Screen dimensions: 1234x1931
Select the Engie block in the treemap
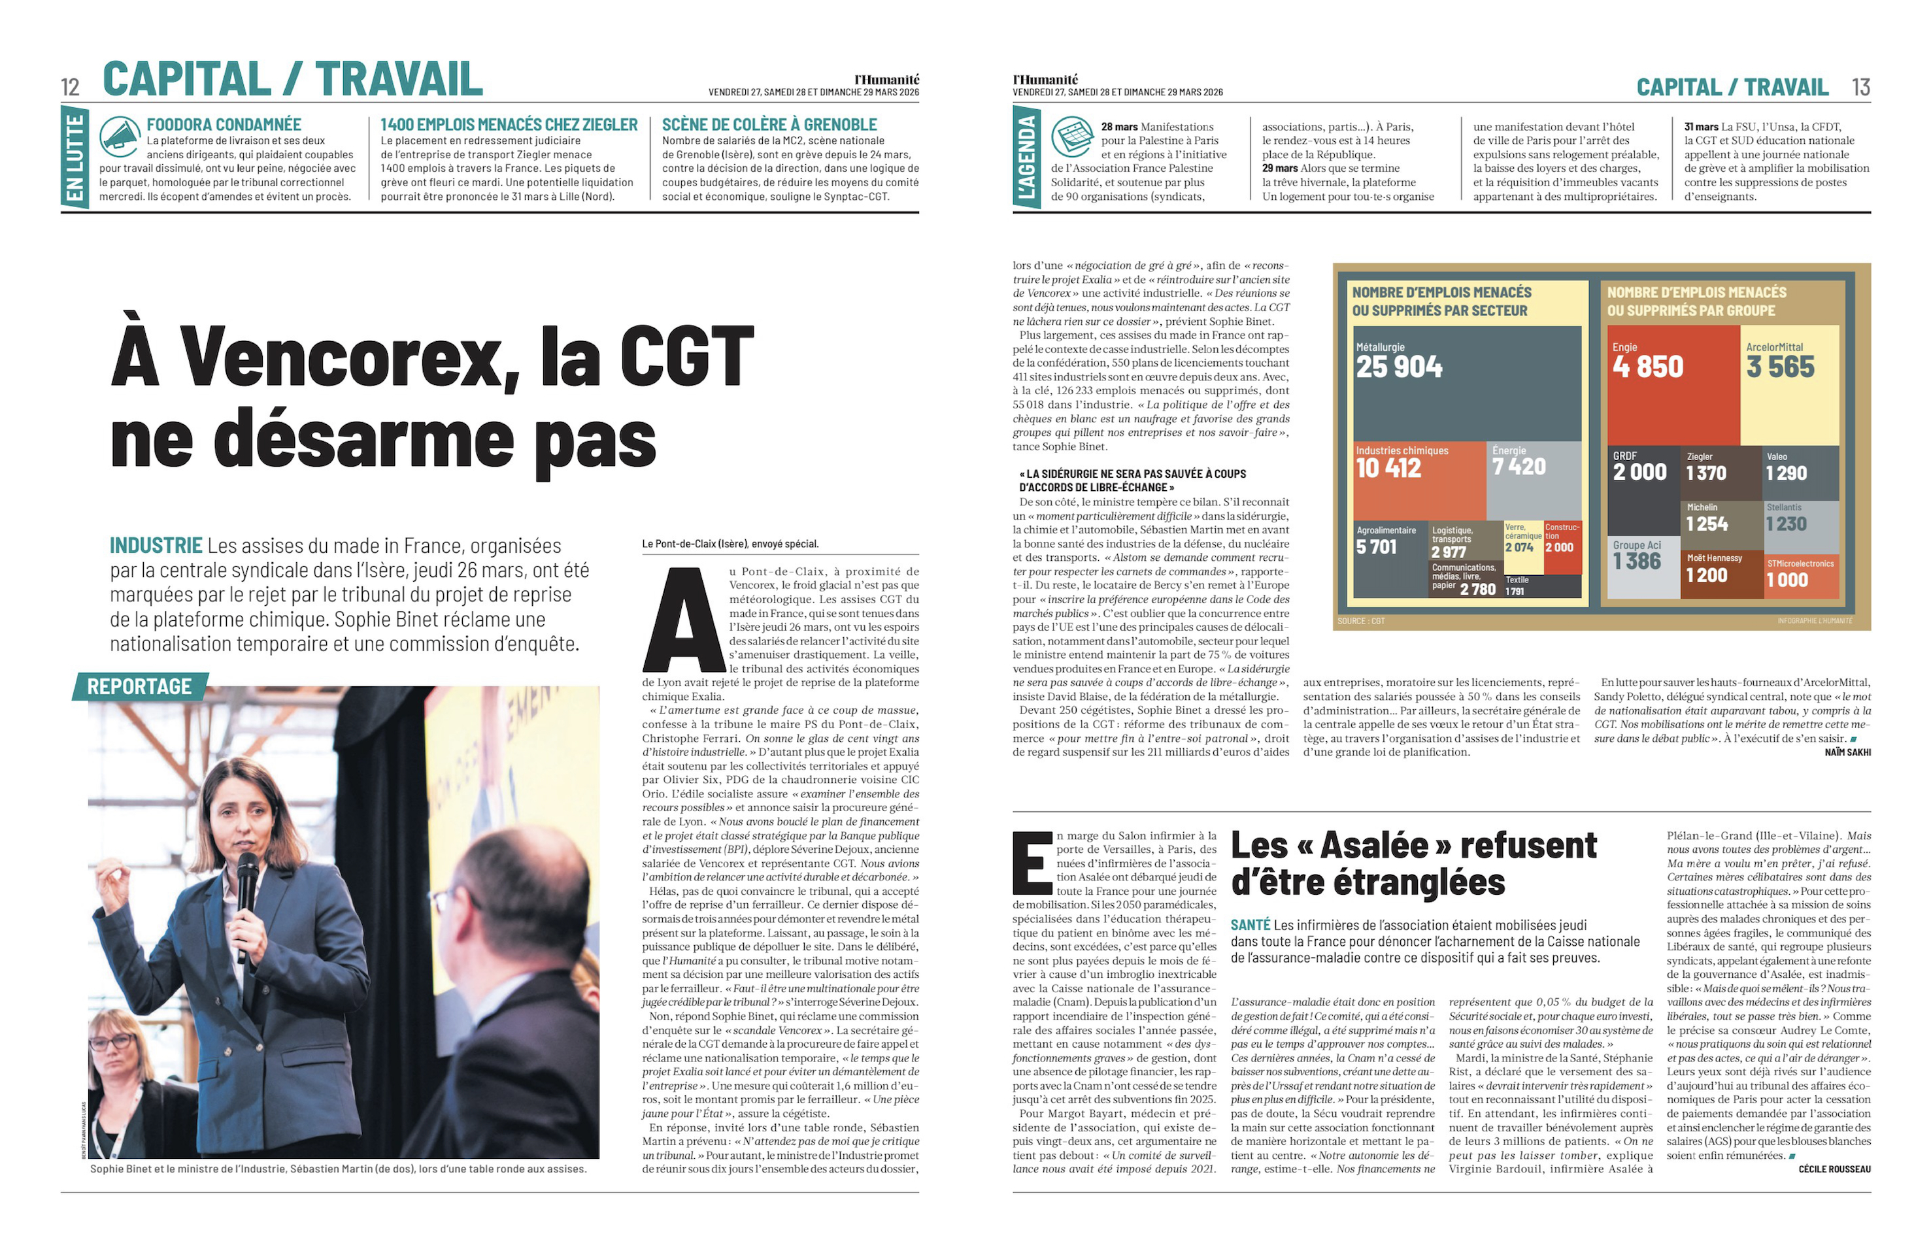tap(1672, 385)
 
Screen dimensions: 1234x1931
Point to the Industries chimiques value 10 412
tap(1388, 468)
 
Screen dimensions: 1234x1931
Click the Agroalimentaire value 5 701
tap(1376, 547)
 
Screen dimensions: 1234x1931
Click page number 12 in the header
tap(71, 86)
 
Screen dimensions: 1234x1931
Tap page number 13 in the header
tap(1860, 86)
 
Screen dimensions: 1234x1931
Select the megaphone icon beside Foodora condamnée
tap(120, 137)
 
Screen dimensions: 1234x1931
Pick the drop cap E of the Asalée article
tap(1032, 863)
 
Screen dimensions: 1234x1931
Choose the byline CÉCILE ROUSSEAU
tap(1834, 1169)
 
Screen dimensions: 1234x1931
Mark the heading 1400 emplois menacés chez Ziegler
tap(509, 124)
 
